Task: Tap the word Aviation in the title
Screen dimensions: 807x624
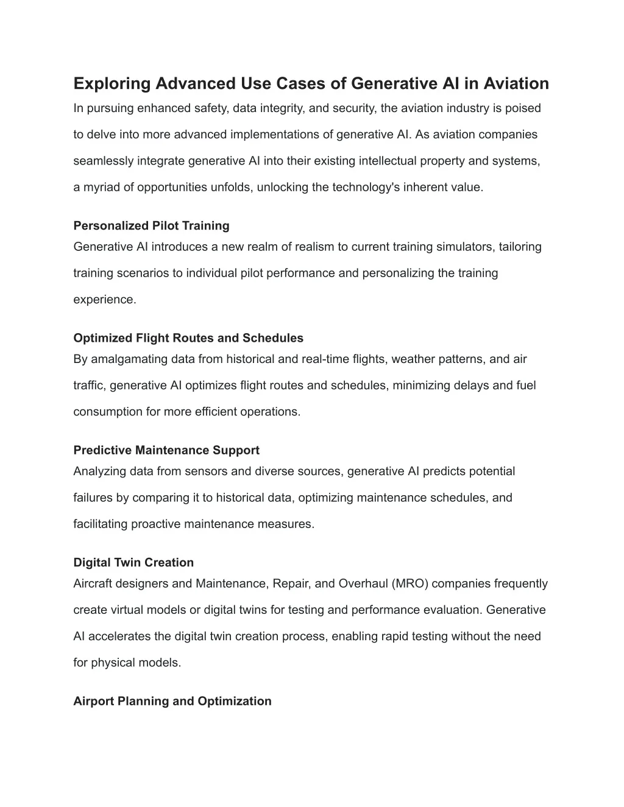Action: point(516,83)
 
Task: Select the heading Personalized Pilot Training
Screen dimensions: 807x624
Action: point(151,226)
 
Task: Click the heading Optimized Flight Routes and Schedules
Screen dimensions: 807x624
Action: point(188,338)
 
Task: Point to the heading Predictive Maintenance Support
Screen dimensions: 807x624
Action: point(166,450)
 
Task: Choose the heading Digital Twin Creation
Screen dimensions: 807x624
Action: point(133,562)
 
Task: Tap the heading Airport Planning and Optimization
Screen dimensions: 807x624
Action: point(172,701)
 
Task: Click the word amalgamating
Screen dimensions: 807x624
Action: point(129,359)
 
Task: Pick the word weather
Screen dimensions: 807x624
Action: point(412,359)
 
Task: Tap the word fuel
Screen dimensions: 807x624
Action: point(525,386)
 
